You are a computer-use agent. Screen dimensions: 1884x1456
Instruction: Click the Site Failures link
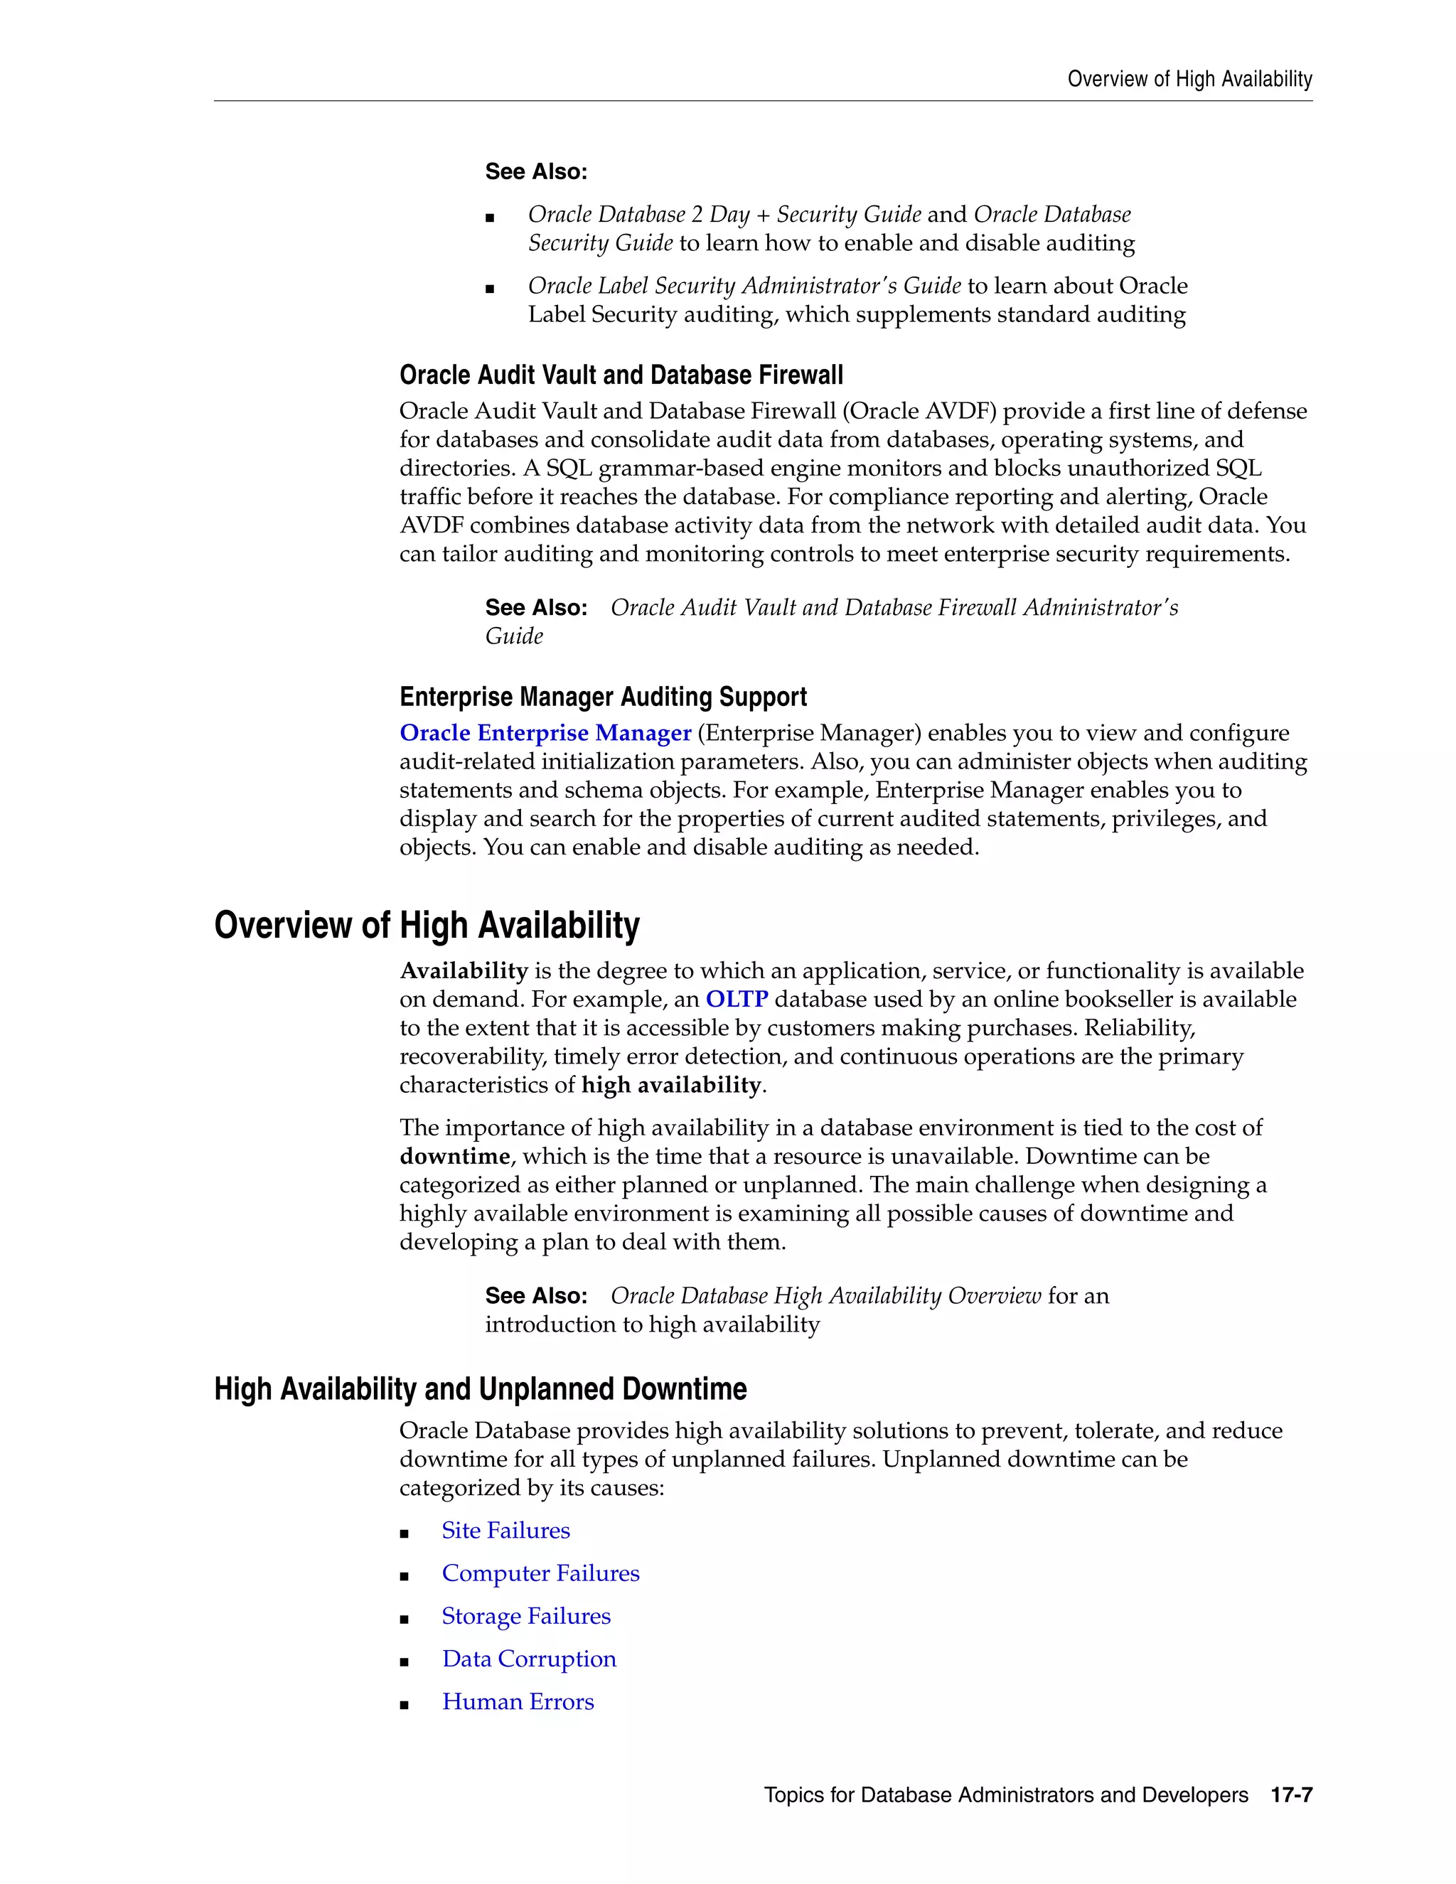click(505, 1531)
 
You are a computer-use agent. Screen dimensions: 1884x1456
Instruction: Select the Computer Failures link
click(540, 1573)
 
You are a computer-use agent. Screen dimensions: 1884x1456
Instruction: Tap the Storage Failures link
click(525, 1616)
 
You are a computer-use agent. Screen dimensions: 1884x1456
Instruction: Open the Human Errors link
click(518, 1702)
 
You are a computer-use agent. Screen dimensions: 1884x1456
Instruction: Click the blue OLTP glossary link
click(736, 999)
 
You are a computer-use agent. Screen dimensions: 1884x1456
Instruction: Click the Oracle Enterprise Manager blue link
click(545, 732)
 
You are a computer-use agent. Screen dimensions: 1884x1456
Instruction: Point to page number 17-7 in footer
click(1291, 1795)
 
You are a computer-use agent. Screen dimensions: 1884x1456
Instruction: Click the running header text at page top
click(1189, 80)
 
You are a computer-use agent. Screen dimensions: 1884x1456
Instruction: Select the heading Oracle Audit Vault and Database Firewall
click(621, 375)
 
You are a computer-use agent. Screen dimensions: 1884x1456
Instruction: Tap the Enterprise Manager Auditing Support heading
click(603, 697)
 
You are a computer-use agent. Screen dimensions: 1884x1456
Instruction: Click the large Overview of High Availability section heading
click(427, 925)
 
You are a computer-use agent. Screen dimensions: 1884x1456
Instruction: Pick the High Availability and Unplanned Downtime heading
click(481, 1390)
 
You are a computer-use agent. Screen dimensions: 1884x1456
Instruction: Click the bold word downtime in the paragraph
click(454, 1156)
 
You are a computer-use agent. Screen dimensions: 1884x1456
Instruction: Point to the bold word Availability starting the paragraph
click(464, 970)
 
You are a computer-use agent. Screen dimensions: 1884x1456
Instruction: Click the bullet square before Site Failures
click(404, 1533)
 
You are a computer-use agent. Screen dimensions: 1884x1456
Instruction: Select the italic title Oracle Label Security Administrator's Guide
click(744, 286)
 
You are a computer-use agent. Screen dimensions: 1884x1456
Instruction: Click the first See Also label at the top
click(535, 171)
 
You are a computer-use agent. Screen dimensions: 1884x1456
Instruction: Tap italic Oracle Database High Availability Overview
click(825, 1295)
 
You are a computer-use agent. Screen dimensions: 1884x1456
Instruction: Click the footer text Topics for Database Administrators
click(1005, 1795)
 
